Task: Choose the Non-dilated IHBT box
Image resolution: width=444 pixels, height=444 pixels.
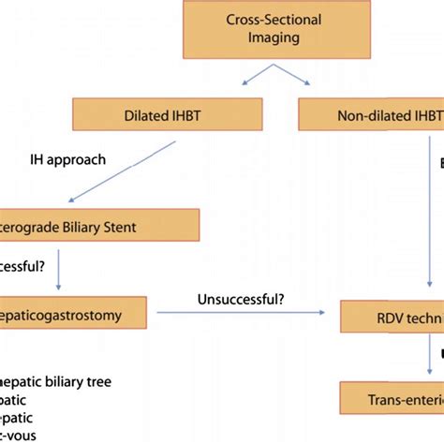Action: tap(370, 117)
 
